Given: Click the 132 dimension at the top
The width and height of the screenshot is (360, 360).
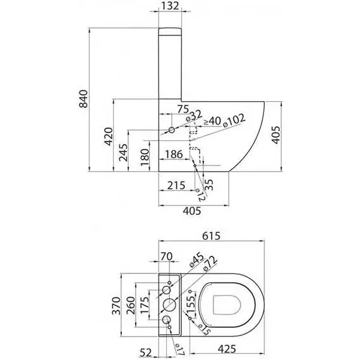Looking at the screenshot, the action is pos(170,6).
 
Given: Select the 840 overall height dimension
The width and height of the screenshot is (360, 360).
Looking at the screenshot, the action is pos(83,99).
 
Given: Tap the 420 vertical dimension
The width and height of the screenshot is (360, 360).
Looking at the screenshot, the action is pos(109,136).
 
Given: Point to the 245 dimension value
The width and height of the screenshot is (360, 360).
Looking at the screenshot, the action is pos(123,153).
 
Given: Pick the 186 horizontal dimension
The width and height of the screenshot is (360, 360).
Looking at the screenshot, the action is pos(174,154).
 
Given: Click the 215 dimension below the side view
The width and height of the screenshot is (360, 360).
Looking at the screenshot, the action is pos(176,186).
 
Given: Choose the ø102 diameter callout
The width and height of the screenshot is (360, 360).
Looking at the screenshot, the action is pos(234,120).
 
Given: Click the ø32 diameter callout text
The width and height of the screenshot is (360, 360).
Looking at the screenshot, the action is pos(195,116).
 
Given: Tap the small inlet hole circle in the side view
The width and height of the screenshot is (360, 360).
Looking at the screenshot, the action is pos(172,130).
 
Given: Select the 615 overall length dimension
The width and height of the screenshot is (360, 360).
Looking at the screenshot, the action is pos(211,236).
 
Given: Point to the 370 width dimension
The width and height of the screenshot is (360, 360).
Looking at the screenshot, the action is pos(116,306).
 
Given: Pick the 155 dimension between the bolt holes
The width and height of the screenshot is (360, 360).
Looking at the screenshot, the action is pos(191,304).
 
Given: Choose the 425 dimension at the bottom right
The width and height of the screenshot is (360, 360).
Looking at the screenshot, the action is pos(227,349).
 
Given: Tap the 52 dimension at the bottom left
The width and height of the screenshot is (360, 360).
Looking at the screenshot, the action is pos(146,352).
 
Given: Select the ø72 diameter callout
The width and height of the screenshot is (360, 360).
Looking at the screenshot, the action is pos(210,263).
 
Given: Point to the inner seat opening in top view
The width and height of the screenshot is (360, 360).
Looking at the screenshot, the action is pos(213,305).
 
